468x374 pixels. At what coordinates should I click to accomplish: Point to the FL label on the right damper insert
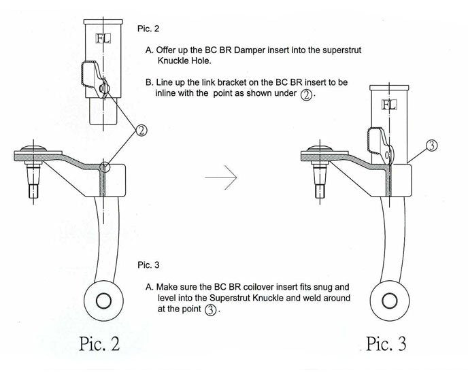click(x=390, y=105)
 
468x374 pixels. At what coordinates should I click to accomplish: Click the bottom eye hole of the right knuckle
click(x=388, y=300)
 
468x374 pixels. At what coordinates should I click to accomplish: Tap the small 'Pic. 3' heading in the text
click(x=148, y=264)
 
